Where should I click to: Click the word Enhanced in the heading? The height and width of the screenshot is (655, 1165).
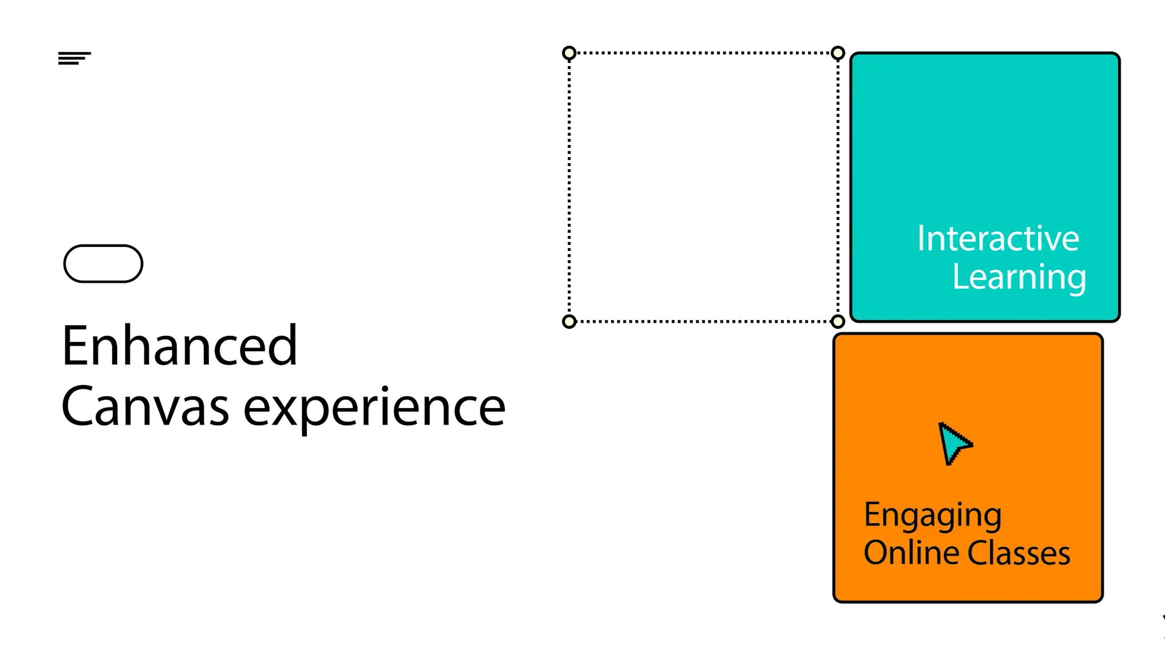pos(180,346)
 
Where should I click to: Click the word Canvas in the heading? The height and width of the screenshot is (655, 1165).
pos(145,407)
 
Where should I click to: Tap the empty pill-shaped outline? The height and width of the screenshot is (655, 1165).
pos(103,264)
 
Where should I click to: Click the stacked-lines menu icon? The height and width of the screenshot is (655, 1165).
pos(74,58)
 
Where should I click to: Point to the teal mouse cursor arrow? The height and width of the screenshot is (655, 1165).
pos(953,443)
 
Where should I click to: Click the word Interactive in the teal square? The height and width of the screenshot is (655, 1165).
pos(998,238)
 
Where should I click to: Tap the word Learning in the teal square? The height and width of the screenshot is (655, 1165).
pos(1019,278)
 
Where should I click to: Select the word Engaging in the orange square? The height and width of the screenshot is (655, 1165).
pos(932,516)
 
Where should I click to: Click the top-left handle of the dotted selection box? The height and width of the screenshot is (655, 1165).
pos(569,53)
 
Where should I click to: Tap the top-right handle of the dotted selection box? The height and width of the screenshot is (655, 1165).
pos(838,53)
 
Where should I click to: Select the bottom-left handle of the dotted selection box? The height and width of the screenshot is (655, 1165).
pos(569,321)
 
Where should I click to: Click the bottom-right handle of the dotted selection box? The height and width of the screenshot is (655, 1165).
pos(838,321)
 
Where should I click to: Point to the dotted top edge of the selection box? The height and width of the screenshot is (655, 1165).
pos(704,53)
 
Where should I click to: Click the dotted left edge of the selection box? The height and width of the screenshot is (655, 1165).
pos(569,188)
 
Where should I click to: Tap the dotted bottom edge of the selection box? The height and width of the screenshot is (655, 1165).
pos(704,321)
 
